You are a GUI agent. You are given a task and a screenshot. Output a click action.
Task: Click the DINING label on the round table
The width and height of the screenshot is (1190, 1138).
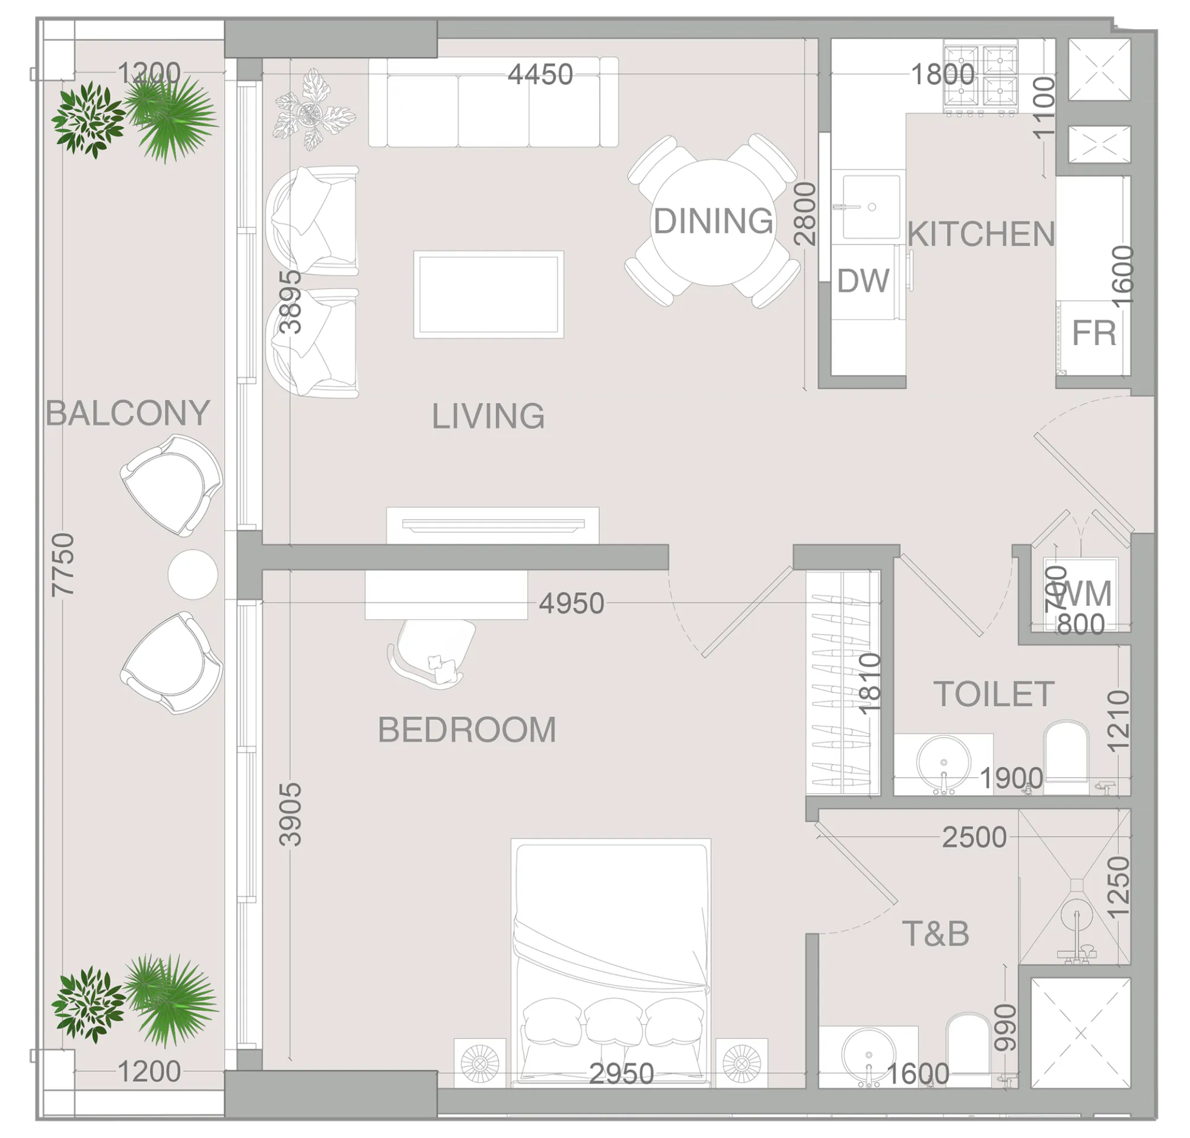click(712, 221)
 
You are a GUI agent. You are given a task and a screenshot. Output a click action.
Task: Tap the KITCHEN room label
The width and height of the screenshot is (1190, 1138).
click(980, 234)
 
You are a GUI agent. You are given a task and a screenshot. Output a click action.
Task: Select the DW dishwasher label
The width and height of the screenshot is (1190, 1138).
click(863, 281)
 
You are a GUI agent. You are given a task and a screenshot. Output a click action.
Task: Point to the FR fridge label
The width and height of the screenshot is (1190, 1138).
click(1093, 333)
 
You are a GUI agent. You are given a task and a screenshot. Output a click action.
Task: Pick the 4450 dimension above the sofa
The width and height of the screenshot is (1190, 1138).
click(540, 75)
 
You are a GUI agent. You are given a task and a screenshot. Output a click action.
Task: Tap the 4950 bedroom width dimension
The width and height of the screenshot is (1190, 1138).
click(571, 603)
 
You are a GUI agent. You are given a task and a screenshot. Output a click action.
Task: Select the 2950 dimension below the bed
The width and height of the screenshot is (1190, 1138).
click(621, 1074)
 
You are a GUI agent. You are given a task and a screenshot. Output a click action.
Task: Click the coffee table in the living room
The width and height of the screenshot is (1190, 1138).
click(488, 294)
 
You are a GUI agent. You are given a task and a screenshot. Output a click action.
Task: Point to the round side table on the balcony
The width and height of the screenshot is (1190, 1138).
click(192, 574)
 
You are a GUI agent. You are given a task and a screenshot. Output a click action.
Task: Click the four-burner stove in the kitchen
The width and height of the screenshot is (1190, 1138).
click(980, 77)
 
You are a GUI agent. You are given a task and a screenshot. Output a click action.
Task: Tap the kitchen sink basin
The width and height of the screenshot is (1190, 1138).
click(871, 206)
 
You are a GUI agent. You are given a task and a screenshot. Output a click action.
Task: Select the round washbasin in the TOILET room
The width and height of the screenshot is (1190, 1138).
click(943, 762)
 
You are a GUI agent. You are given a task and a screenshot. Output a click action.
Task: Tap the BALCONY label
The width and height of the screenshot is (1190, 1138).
click(128, 413)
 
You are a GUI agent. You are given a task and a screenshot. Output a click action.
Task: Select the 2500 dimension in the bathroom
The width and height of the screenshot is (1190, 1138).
click(973, 838)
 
